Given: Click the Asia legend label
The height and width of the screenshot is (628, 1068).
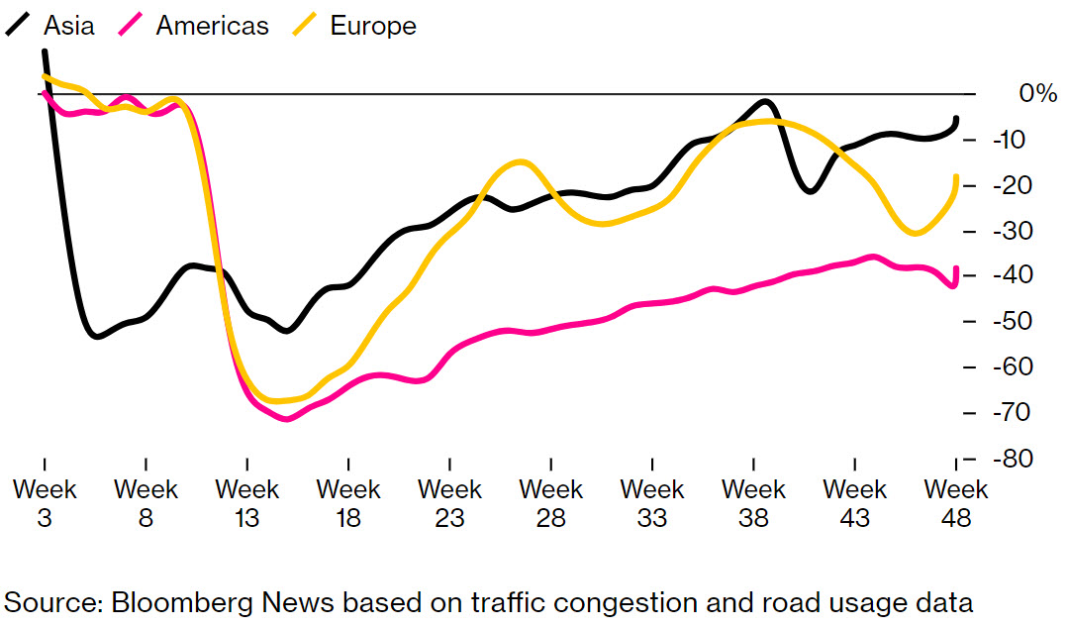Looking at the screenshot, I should pos(69,26).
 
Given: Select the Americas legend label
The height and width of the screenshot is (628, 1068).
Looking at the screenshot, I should pos(212,26).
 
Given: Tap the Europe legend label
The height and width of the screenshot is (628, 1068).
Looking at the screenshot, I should pos(373,26).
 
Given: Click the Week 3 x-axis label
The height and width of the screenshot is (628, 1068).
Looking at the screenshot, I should pos(45,503).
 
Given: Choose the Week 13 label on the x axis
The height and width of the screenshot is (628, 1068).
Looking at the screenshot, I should pos(247,503).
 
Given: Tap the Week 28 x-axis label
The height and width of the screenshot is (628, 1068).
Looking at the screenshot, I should pos(551,503).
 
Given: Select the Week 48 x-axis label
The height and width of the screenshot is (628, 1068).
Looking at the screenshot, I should pos(956,503).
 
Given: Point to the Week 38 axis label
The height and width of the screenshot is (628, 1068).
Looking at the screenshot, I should pos(753,503).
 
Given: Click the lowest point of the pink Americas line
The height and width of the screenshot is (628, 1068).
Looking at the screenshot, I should pos(286,419).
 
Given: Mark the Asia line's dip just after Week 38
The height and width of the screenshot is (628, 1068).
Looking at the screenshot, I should pos(811,190).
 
